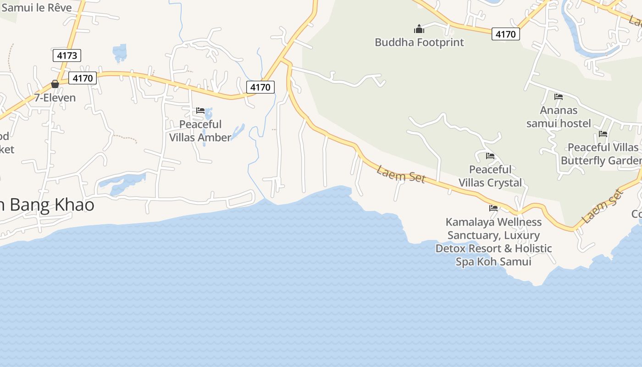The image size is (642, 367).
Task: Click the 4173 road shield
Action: pos(66,56)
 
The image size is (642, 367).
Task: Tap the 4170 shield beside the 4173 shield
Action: pos(83,78)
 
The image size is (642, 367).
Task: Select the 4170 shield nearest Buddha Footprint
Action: pos(506,34)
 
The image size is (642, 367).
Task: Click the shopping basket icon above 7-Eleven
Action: pos(55,84)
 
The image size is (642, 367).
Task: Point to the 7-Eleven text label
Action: pos(55,98)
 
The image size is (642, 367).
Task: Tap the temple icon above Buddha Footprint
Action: pos(419,29)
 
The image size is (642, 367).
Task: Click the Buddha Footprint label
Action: pos(419,42)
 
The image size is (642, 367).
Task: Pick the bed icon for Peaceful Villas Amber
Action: pos(200,111)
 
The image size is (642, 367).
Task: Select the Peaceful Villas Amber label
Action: pos(200,131)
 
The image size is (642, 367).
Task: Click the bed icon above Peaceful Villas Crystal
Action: pos(490,156)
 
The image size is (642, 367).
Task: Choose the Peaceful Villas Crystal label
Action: pos(490,176)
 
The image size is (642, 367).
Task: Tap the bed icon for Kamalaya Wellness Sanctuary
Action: pos(493,208)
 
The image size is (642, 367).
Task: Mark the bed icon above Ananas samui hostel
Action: pos(559,97)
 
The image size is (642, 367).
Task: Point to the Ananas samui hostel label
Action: pos(559,117)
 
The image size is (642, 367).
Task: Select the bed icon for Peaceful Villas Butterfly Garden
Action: pos(603,134)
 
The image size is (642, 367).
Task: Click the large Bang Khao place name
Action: pos(50,205)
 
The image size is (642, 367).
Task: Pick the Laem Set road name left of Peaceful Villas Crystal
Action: pos(401,175)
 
